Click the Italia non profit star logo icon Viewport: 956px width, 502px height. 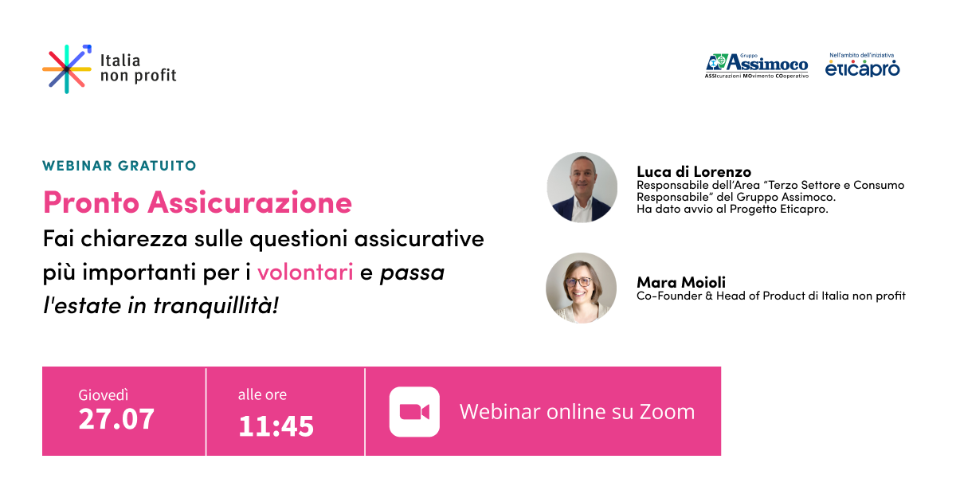[67, 69]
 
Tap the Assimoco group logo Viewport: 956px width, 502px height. [757, 65]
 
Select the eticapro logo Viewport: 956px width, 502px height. [862, 68]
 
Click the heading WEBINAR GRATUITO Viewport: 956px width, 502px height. [119, 166]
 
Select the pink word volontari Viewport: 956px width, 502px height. [305, 273]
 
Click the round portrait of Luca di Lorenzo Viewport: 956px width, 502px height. [582, 187]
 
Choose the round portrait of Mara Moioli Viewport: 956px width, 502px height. [581, 288]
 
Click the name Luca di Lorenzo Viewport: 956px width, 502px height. [694, 171]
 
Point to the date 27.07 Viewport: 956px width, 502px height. [116, 419]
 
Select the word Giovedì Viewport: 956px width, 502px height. [104, 395]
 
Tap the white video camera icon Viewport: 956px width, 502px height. [414, 411]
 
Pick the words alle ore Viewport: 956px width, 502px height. [262, 395]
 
